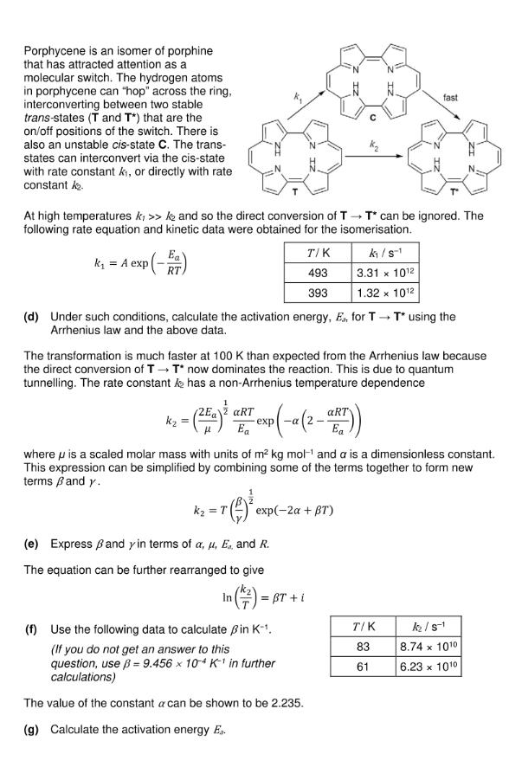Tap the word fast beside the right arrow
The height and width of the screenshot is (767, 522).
tap(450, 98)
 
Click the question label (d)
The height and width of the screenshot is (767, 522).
tap(31, 317)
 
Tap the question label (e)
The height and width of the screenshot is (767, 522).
tap(31, 545)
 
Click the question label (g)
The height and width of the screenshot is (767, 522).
tap(31, 729)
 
